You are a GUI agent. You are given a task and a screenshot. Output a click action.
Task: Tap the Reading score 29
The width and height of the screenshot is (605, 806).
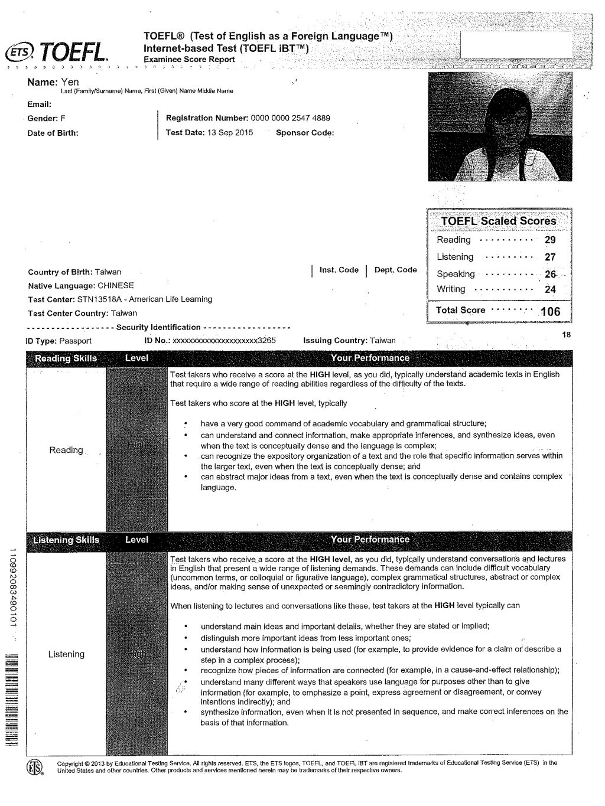(550, 240)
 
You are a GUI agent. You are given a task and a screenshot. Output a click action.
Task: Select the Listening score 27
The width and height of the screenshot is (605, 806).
(550, 257)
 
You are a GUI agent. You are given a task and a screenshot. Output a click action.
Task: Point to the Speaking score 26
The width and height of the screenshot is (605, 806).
(550, 274)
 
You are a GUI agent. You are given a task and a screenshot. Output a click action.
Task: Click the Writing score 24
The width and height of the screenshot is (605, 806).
(550, 289)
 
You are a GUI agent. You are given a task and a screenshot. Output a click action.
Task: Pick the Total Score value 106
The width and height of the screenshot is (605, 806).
(550, 311)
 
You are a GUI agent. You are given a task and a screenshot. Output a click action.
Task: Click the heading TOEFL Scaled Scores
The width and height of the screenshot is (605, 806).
(499, 221)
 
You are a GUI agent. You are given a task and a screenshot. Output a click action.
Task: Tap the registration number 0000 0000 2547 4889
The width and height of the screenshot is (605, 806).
(290, 118)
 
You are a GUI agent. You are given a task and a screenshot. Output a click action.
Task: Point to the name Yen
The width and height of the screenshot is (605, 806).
(70, 82)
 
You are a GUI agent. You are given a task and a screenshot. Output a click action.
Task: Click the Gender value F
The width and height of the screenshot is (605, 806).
(63, 118)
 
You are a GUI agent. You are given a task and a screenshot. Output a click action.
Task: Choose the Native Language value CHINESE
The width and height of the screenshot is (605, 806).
(116, 285)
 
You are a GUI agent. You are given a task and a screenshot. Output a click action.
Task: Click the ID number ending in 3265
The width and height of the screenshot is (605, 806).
(224, 341)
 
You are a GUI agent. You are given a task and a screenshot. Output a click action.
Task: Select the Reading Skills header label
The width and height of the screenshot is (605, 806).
(66, 358)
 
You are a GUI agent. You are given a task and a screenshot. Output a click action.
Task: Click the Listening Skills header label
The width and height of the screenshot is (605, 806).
(66, 540)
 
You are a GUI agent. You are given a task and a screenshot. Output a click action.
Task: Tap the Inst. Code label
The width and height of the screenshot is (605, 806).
(339, 270)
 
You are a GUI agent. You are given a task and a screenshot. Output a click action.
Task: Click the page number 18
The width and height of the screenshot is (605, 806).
(567, 335)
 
